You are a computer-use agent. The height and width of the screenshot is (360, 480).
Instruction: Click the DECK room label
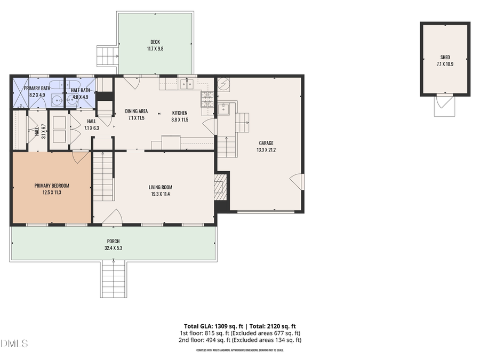[155, 42]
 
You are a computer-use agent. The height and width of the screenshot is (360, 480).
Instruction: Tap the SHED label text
[445, 57]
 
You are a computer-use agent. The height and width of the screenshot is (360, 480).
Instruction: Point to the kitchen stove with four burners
[206, 99]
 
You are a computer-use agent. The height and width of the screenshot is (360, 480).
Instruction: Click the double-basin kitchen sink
[186, 84]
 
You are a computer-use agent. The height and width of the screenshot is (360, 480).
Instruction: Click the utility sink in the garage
[224, 109]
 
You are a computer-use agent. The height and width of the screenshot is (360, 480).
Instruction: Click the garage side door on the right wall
[297, 182]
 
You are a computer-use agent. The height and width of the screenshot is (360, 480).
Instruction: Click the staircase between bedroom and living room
[103, 176]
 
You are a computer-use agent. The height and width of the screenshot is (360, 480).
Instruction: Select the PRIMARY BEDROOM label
[52, 186]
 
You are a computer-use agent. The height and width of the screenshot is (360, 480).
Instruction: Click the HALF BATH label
[79, 90]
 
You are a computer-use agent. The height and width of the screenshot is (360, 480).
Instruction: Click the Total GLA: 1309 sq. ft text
[209, 326]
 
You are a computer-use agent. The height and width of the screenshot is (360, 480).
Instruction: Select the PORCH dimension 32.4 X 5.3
[113, 248]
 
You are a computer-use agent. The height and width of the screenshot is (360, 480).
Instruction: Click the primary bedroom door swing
[80, 157]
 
